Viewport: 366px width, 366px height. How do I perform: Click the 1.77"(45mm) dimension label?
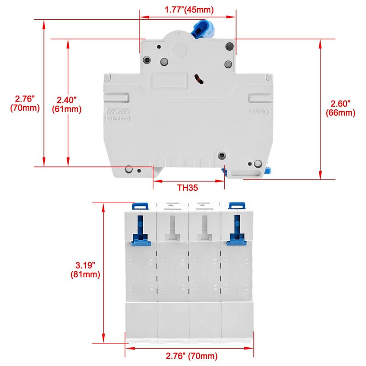189,9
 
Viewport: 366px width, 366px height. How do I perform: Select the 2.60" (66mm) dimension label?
341,109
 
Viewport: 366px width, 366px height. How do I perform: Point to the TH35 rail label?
188,188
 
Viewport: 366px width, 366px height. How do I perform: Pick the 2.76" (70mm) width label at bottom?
190,355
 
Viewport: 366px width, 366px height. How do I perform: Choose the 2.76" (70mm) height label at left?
25,103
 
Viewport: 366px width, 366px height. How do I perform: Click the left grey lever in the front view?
172,229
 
